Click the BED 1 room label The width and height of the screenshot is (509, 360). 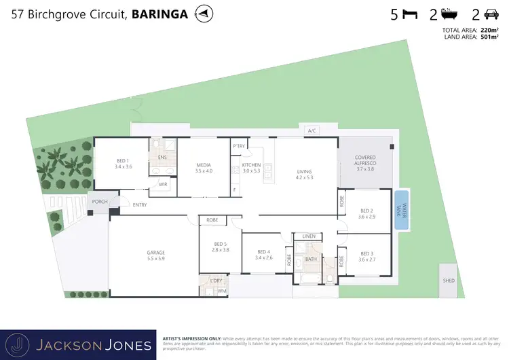(123, 164)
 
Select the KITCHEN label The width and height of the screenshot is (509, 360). (251, 168)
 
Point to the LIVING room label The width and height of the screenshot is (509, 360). (303, 175)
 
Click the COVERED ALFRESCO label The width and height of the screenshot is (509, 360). (365, 163)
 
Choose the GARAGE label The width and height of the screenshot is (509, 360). (156, 255)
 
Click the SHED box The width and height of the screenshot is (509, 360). (448, 281)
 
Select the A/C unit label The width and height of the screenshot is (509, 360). (312, 130)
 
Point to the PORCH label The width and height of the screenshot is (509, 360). (100, 201)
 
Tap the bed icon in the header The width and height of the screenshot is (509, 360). (409, 14)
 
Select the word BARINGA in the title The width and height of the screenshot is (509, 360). (159, 14)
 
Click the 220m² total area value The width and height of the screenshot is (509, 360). (489, 31)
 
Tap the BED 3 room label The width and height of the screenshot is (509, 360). (367, 256)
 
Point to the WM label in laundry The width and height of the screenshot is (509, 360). (221, 291)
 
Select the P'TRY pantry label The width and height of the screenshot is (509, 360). (239, 146)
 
